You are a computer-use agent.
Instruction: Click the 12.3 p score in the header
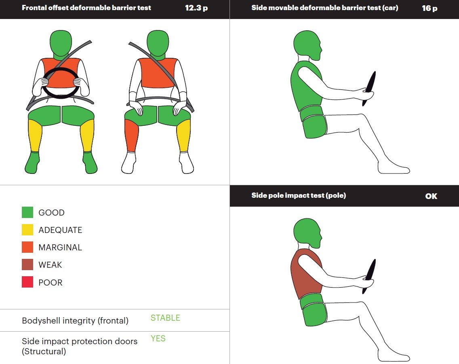pos(196,8)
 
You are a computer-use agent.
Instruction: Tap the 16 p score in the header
pos(430,8)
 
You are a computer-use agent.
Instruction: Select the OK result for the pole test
pos(431,196)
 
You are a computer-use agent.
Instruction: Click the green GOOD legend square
pos(27,212)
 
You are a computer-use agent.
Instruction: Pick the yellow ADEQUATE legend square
pos(27,230)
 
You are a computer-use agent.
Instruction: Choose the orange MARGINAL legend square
pos(27,247)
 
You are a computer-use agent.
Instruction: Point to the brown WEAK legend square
pos(27,265)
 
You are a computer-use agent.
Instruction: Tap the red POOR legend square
pos(27,282)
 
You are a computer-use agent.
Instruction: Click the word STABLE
pos(165,318)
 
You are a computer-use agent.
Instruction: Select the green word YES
pos(158,338)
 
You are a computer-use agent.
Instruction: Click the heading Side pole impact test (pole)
pos(299,195)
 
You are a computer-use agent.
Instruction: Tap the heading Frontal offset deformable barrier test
pos(86,8)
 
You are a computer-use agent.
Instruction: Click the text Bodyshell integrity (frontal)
pos(75,321)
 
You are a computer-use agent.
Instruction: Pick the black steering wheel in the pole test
pos(369,276)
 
